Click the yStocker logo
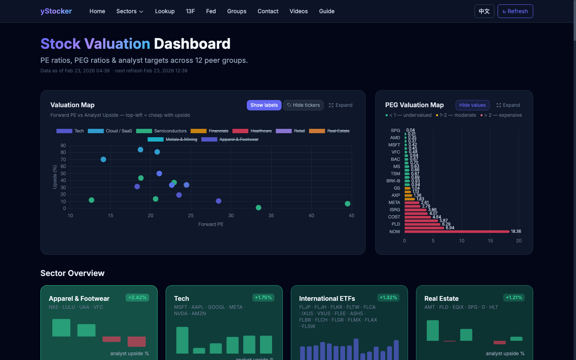56,11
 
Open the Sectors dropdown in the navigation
130,11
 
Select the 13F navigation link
190,11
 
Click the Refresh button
515,11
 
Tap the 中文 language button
484,11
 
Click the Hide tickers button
303,105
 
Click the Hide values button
472,105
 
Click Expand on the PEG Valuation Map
508,105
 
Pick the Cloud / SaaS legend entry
110,131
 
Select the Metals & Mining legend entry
172,139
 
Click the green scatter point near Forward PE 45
348,204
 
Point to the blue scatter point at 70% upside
103,159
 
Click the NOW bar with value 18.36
457,232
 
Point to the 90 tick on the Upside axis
63,146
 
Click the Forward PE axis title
211,224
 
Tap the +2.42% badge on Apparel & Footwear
137,298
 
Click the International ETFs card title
327,298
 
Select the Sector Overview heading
72,273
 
